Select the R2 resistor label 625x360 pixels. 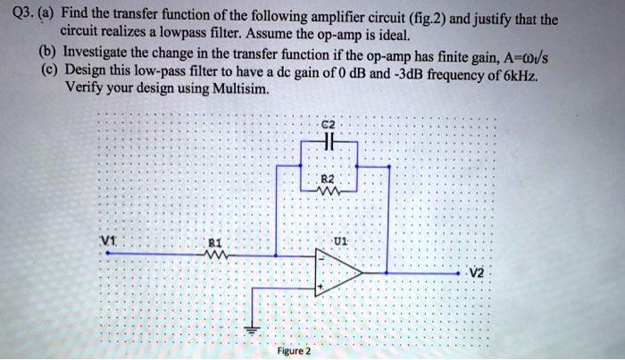tap(329, 179)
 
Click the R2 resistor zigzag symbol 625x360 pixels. tap(329, 189)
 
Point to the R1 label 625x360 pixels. tap(212, 240)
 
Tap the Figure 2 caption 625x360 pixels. tap(293, 351)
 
